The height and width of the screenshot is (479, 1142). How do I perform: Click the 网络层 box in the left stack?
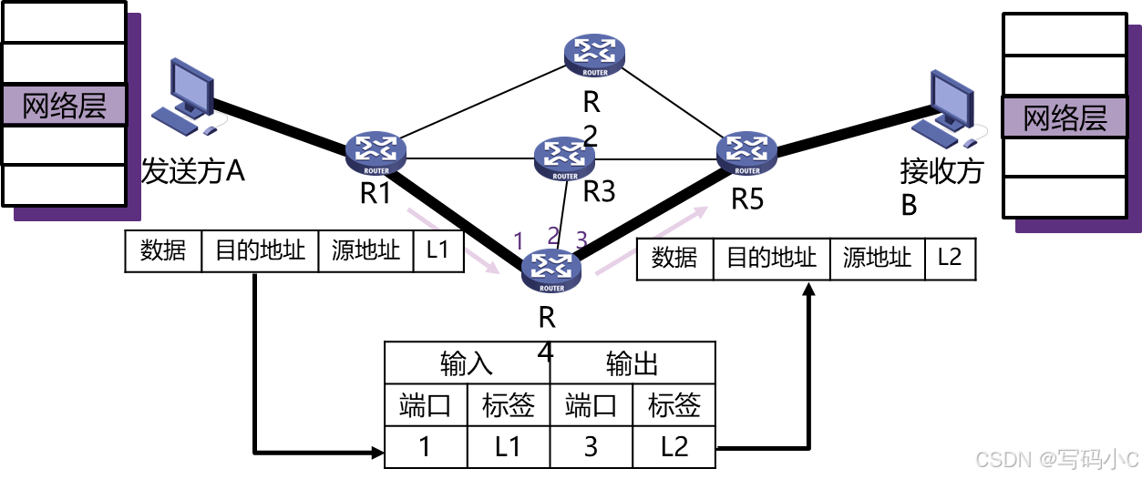(64, 106)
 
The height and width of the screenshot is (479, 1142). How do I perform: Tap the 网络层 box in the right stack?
(1065, 118)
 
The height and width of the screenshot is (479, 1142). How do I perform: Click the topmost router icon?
(594, 55)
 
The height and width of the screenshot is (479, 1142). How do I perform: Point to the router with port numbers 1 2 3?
(551, 270)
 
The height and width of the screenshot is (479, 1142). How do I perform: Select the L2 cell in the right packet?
(949, 259)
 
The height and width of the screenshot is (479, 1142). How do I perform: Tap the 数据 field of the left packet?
(163, 251)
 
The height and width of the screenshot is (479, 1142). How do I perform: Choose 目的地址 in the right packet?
(771, 259)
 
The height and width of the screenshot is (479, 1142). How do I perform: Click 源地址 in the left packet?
(365, 251)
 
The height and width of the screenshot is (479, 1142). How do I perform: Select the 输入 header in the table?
(467, 364)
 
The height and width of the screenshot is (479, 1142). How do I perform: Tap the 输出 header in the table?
(633, 364)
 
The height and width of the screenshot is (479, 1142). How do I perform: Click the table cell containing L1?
(509, 446)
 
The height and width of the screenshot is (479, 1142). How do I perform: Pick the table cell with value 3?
(591, 446)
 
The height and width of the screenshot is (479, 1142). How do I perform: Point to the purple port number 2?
(552, 236)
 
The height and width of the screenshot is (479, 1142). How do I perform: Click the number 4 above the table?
(546, 352)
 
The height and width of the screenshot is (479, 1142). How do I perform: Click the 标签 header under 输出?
(673, 406)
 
